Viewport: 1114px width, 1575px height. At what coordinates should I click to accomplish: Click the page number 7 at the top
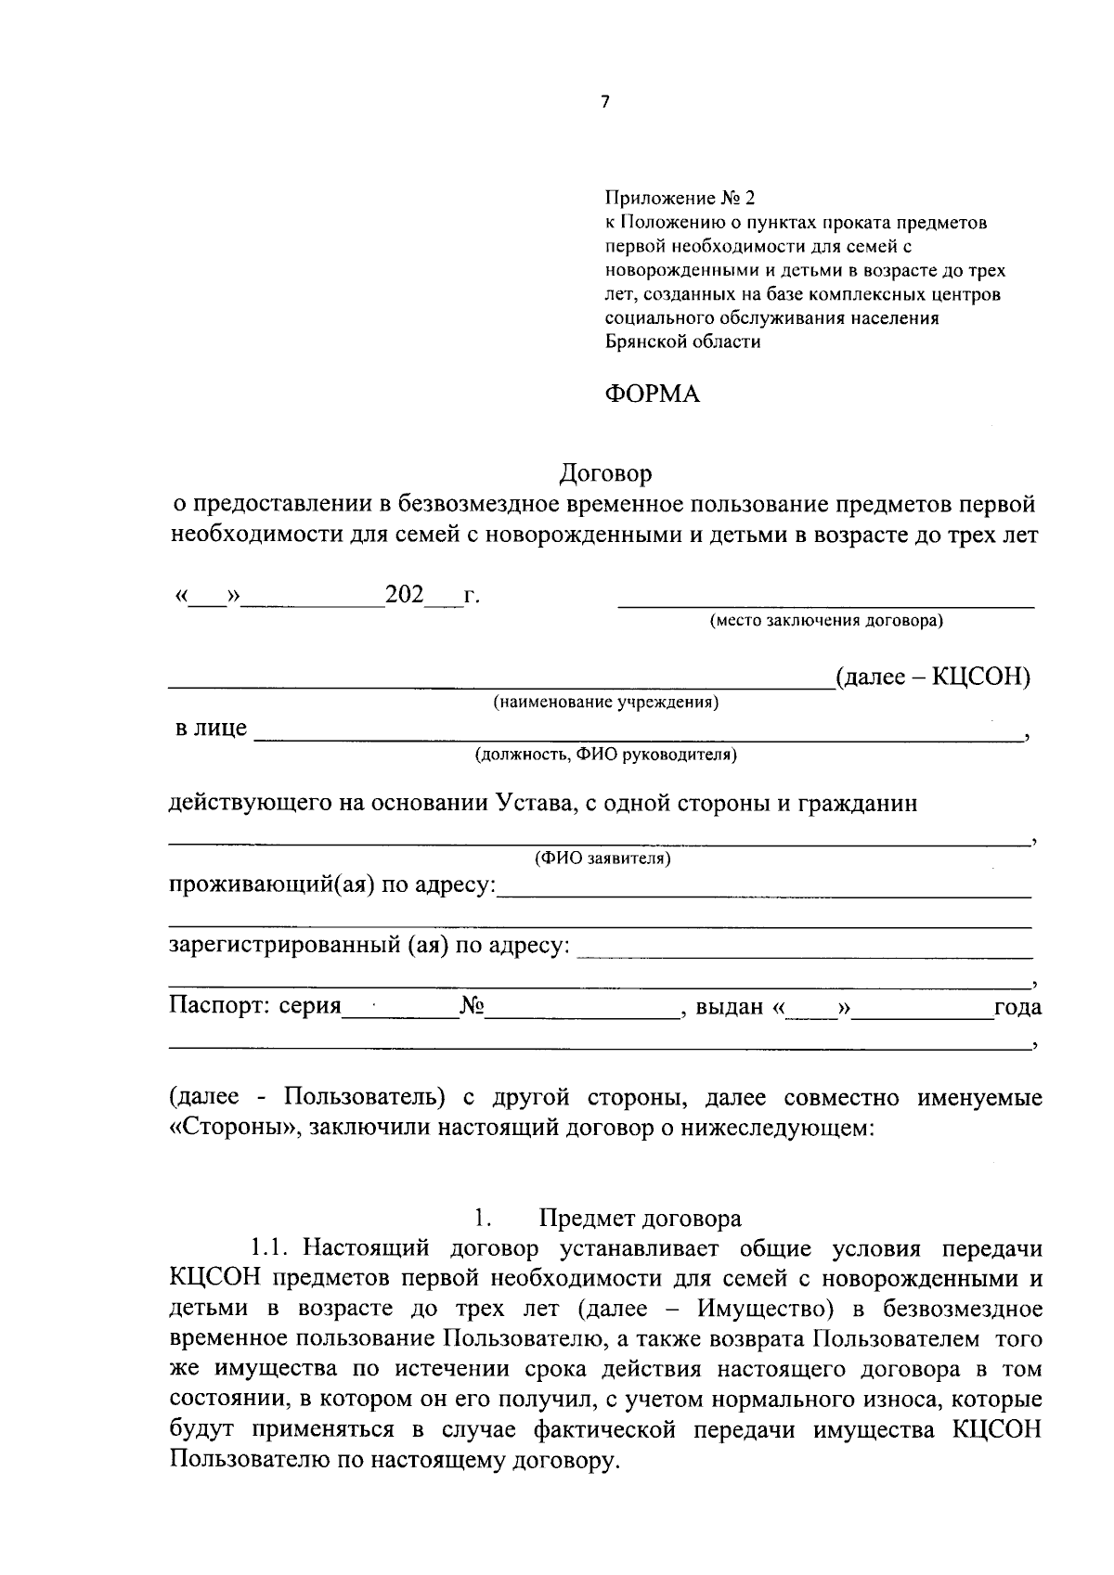(605, 103)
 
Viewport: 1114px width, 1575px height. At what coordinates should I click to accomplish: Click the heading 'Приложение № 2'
(680, 199)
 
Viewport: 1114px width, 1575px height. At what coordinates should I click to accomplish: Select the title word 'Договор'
(605, 473)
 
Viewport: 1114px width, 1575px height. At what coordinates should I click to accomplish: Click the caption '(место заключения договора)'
(825, 621)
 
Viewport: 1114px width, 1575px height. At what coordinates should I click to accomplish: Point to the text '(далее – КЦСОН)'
(932, 677)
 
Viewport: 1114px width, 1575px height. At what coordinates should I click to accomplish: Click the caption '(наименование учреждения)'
(605, 703)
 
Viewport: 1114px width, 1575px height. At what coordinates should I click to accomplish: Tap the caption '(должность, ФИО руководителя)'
(605, 755)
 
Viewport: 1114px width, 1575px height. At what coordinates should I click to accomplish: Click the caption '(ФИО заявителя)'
(602, 859)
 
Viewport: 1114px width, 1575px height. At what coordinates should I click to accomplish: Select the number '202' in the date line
(404, 594)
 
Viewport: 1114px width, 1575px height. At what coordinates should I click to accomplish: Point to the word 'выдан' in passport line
(730, 1007)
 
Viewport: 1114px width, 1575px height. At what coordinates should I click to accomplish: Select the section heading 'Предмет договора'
(640, 1219)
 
